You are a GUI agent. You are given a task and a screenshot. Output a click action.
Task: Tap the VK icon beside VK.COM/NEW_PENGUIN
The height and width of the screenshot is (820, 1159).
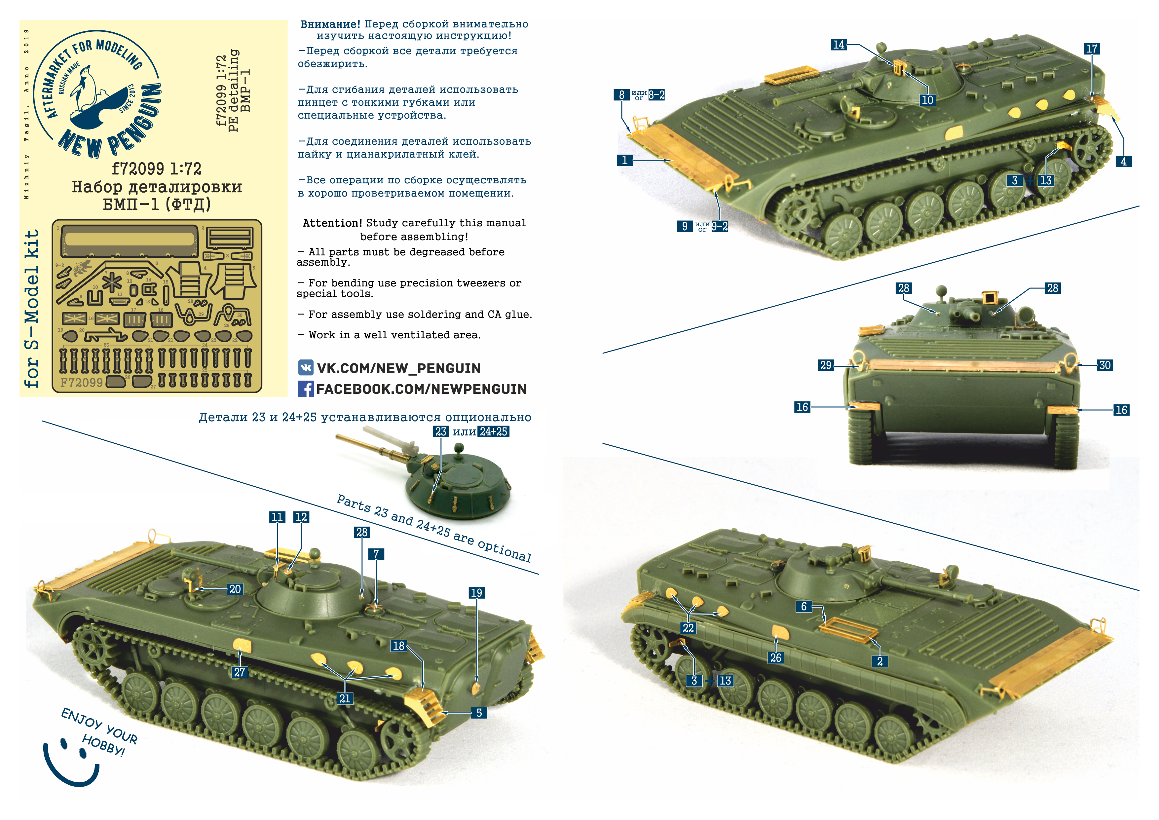(305, 368)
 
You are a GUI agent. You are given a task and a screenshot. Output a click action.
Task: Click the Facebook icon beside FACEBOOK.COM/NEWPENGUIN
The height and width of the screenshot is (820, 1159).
(305, 389)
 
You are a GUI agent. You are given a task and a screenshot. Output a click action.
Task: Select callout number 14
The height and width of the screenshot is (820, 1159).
(839, 44)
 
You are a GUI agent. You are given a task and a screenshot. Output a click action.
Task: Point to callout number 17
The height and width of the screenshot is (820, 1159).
(1091, 49)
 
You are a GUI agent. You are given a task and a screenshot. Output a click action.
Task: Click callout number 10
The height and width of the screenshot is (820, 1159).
(927, 100)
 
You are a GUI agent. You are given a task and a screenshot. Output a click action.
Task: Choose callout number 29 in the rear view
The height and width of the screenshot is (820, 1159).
(825, 365)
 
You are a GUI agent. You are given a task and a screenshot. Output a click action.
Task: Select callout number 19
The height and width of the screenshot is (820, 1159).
(476, 593)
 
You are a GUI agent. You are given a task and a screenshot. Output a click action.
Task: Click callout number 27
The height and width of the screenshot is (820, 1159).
(239, 672)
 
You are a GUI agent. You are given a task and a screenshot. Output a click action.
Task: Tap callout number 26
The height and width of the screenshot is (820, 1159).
(775, 657)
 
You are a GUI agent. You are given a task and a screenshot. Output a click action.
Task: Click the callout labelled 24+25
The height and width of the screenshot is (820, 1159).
(493, 432)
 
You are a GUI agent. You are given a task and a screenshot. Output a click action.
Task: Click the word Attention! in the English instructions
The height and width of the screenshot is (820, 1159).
(332, 223)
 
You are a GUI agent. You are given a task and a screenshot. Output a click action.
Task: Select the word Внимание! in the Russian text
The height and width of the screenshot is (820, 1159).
(330, 24)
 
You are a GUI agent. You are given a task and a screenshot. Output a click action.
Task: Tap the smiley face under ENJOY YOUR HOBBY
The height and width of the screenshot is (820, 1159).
(71, 763)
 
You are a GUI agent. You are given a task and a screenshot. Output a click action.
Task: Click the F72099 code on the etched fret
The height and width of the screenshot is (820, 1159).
(81, 382)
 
